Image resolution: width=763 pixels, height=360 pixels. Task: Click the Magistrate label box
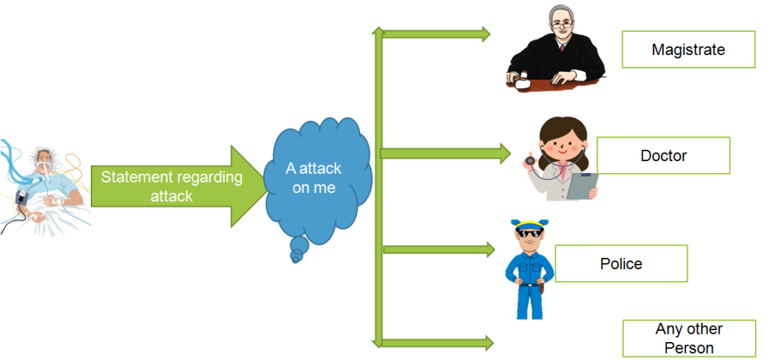688,50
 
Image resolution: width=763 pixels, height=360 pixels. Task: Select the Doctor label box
663,156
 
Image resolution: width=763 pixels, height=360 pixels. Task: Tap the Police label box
621,263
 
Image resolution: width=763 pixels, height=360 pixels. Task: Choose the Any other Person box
688,338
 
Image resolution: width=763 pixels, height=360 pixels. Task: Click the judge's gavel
519,78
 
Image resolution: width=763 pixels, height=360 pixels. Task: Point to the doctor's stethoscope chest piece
528,159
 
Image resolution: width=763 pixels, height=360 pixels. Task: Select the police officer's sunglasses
528,236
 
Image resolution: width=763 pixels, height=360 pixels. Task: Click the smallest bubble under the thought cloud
296,258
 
